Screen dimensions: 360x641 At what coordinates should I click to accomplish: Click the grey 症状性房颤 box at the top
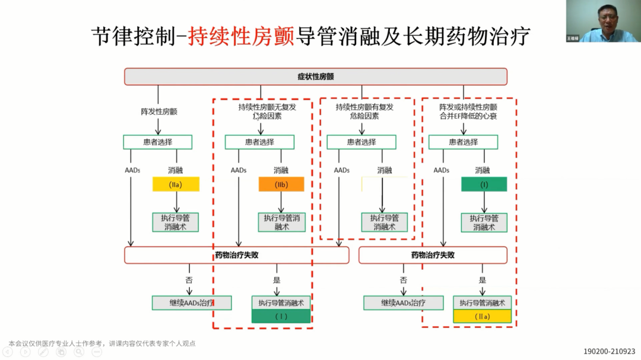315,77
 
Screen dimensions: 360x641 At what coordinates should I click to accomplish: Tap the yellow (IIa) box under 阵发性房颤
176,184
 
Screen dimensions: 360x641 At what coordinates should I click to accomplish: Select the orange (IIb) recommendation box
281,184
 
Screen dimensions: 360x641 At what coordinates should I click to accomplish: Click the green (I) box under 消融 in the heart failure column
484,184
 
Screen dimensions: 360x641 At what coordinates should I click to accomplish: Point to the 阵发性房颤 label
158,111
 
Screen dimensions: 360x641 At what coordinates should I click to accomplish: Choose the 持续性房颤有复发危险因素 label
364,111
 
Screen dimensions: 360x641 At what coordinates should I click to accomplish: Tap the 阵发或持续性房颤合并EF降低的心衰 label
468,111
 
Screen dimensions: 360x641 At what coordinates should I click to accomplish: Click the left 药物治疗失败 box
236,255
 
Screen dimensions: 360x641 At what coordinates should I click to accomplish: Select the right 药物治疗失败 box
433,255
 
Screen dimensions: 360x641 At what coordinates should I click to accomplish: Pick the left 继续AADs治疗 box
191,302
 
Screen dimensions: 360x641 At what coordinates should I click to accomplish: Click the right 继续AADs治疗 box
403,302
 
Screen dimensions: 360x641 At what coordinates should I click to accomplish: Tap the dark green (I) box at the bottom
281,316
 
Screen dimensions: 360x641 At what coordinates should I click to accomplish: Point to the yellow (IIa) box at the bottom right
482,316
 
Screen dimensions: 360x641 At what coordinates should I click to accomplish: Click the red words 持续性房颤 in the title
241,37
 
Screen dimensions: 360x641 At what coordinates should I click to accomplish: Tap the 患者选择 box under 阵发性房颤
157,142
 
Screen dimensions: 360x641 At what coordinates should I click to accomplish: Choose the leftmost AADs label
132,170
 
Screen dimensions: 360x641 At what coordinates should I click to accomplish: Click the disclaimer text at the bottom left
102,343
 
